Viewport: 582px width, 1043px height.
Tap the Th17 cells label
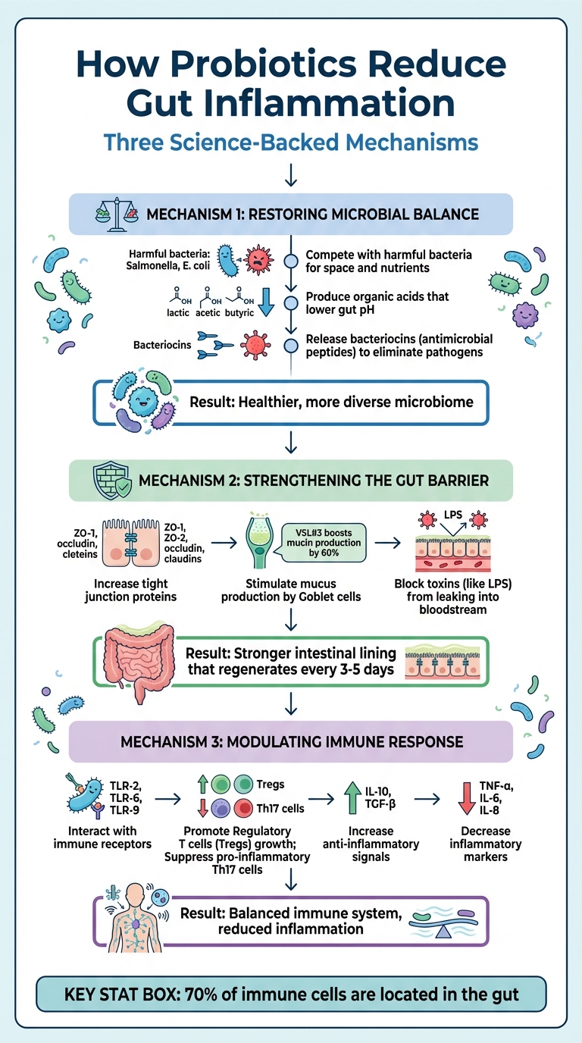tap(286, 808)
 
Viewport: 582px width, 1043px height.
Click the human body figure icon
tap(137, 920)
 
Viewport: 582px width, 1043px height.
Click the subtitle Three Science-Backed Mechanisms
tap(291, 142)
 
